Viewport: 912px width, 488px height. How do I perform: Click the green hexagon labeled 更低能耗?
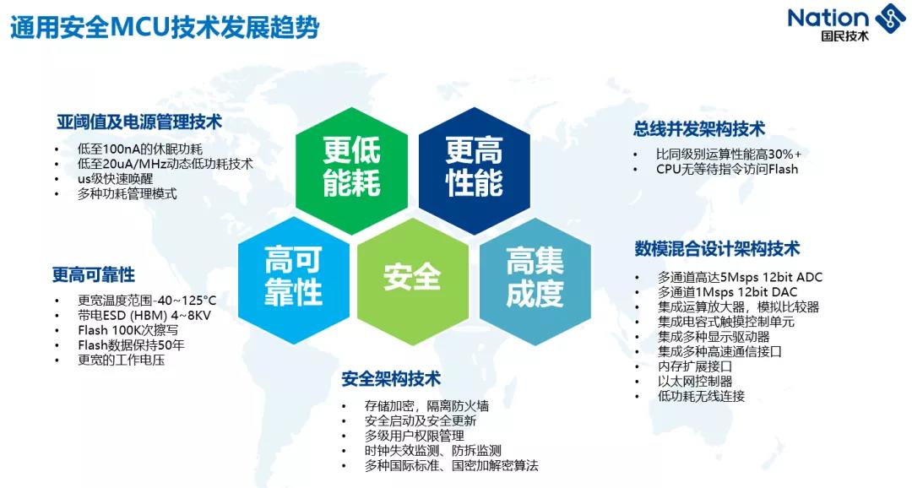[351, 170]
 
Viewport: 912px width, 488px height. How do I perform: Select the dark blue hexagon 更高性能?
[474, 170]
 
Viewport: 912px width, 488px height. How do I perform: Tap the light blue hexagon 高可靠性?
[293, 279]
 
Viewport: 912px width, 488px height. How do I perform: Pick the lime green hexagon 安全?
[412, 279]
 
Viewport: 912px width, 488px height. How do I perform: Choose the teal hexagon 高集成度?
[535, 279]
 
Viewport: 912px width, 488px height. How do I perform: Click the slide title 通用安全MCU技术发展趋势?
[166, 28]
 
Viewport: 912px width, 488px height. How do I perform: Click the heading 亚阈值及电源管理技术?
[139, 122]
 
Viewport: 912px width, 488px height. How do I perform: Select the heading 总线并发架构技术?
[699, 129]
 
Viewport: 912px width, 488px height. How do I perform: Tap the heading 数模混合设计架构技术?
[717, 249]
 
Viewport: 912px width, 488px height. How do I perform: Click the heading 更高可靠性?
[94, 274]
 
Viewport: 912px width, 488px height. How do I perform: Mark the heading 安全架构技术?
[391, 379]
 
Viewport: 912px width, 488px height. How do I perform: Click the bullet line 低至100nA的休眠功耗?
[140, 149]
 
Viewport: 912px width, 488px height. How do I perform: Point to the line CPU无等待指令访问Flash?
[727, 169]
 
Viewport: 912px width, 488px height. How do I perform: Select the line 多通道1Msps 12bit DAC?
[727, 292]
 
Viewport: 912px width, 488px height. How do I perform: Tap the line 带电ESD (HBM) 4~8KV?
[144, 315]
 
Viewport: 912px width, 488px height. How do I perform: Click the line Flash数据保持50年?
[131, 345]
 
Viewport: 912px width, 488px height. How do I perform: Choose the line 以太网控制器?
[694, 382]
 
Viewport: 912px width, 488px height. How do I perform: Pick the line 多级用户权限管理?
[414, 436]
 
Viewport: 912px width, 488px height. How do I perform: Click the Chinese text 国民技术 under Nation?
[844, 36]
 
